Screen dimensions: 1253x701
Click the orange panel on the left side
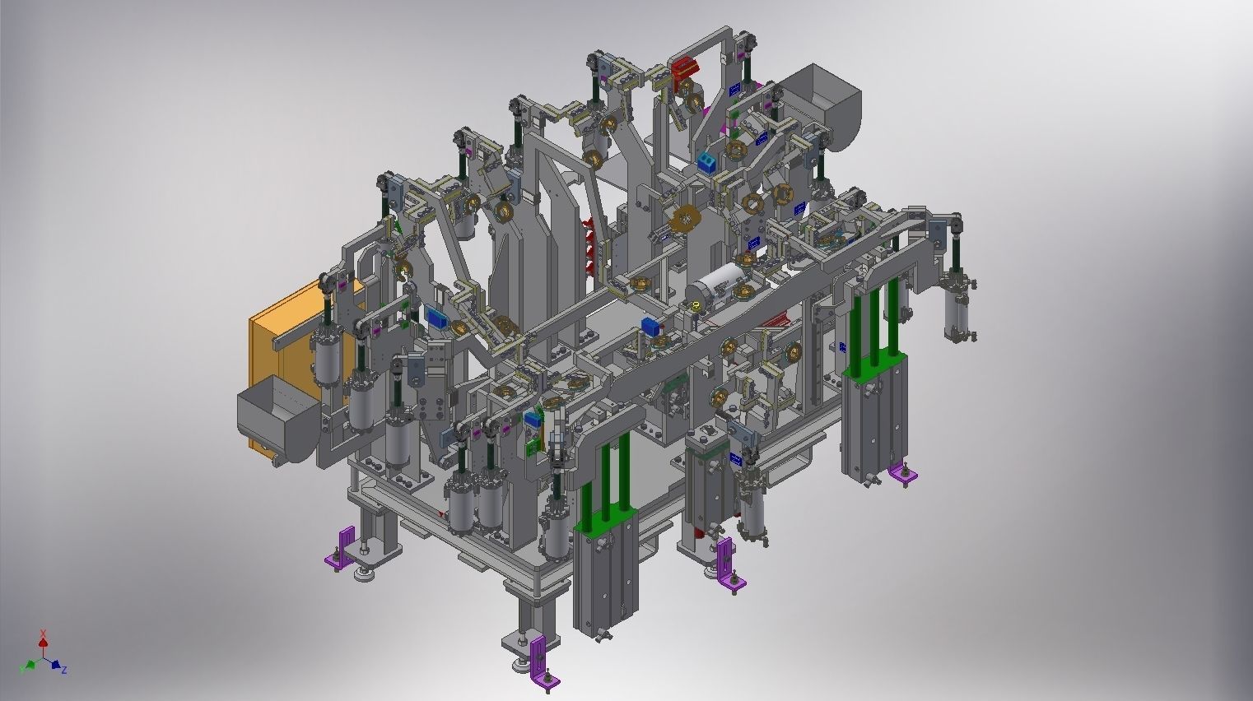click(280, 358)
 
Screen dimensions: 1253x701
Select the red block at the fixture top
click(686, 69)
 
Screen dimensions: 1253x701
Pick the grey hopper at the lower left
click(277, 416)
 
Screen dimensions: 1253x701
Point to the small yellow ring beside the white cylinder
click(696, 305)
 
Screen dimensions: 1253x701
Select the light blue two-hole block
click(706, 163)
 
